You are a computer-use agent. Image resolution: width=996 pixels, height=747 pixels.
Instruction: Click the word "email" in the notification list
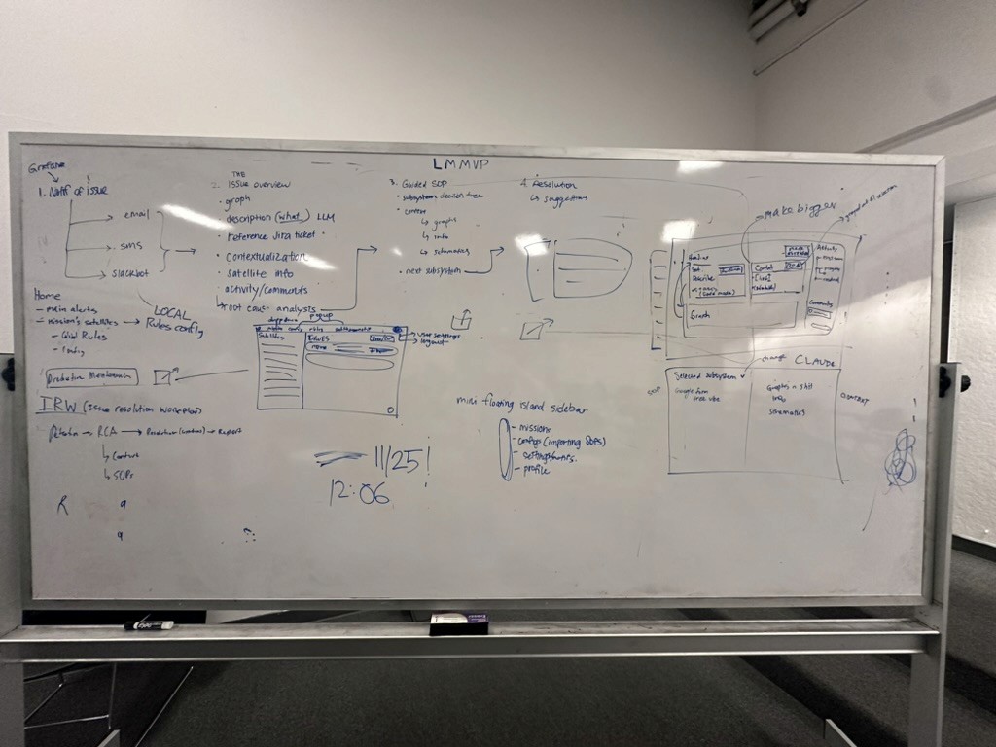(137, 215)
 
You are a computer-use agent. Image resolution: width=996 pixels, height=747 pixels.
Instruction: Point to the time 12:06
(359, 493)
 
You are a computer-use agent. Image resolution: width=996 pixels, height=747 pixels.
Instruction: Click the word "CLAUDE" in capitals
(815, 361)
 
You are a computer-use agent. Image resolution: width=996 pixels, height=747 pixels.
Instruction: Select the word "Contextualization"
(266, 257)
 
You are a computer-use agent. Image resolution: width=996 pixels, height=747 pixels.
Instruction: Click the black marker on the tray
(148, 624)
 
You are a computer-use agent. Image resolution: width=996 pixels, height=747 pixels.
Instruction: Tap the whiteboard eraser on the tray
(459, 623)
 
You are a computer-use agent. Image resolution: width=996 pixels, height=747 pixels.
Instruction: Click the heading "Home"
(47, 295)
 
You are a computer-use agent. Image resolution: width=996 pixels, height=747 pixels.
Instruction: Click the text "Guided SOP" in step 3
(426, 183)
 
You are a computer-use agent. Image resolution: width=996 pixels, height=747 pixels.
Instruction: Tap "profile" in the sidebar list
(535, 470)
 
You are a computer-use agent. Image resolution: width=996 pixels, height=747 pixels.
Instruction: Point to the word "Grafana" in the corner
(47, 166)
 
